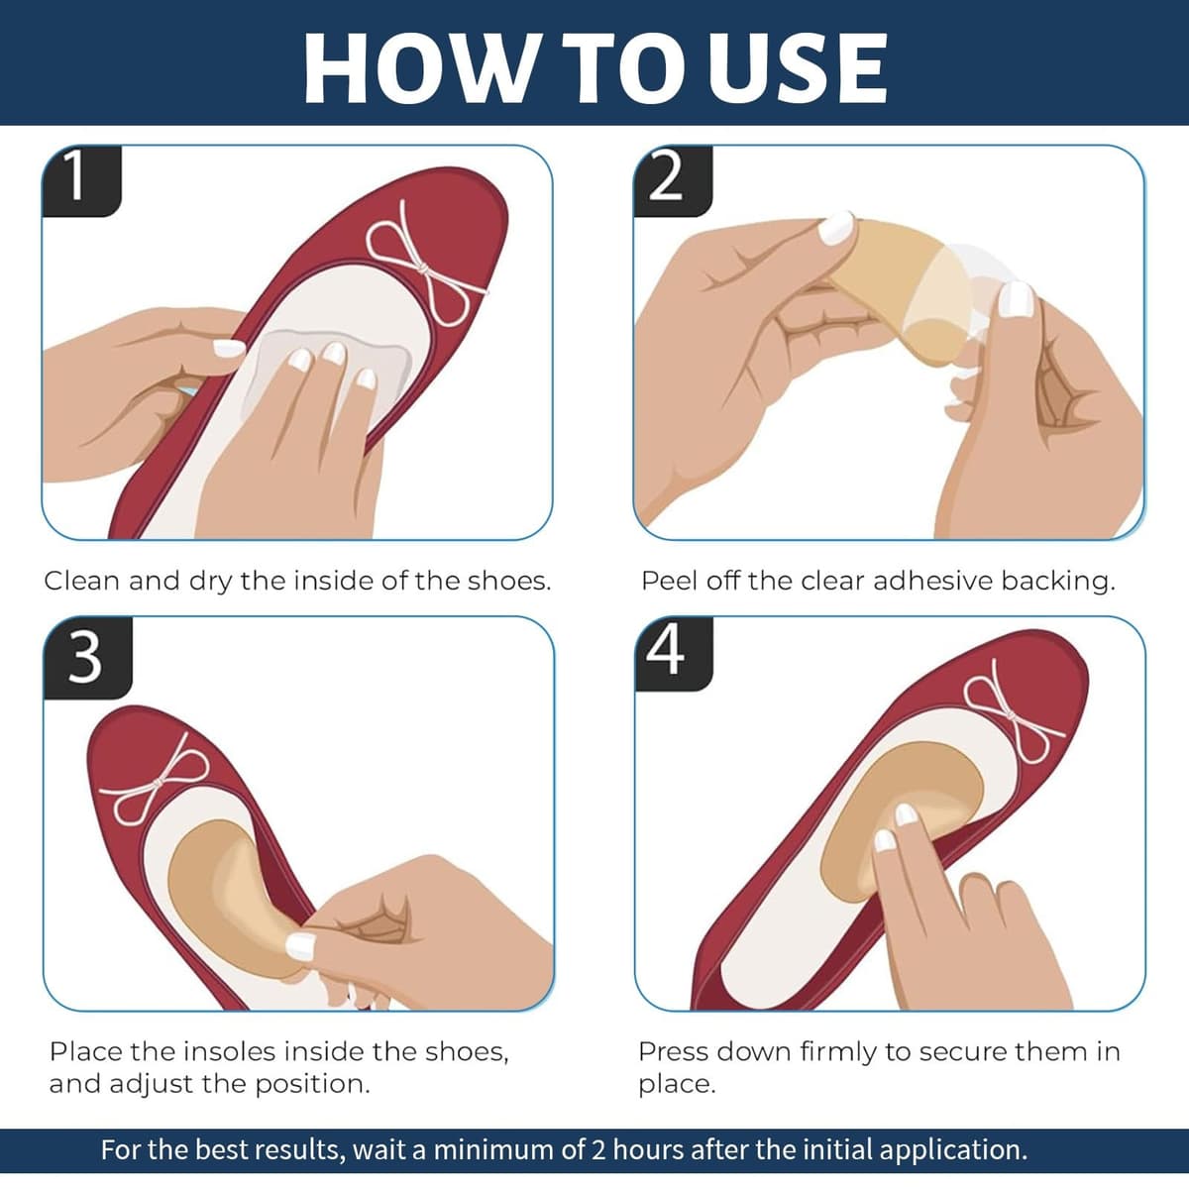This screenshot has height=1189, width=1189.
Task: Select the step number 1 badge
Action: [81, 180]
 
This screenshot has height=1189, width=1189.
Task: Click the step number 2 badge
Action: [673, 180]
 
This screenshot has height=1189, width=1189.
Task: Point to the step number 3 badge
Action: [87, 658]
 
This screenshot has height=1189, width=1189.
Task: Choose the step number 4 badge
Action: [674, 654]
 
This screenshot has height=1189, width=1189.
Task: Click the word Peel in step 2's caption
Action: [670, 582]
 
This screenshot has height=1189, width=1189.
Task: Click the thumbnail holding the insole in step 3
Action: [301, 945]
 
